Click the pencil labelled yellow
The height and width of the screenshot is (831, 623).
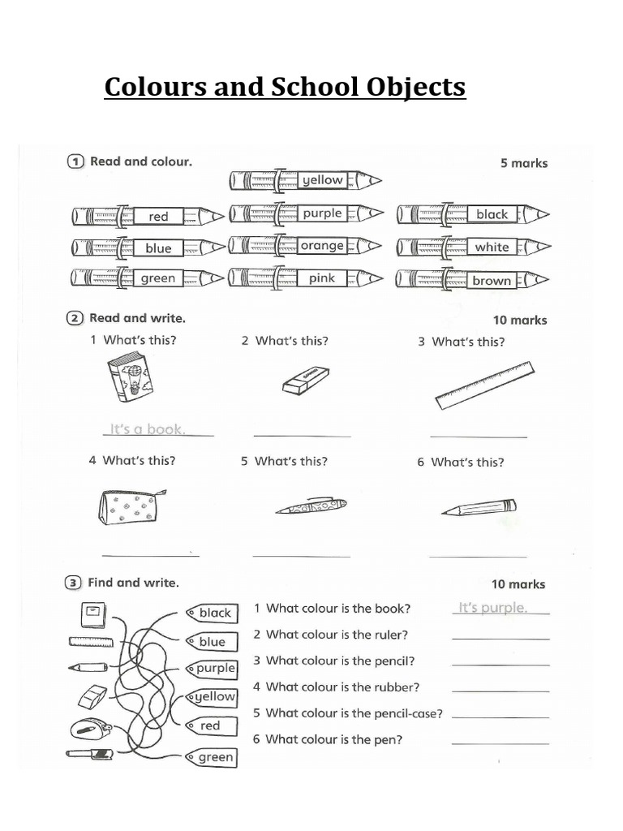[305, 180]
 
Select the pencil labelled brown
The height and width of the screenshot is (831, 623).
[472, 281]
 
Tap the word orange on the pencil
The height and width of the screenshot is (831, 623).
[322, 246]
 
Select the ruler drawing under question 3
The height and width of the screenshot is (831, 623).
[484, 385]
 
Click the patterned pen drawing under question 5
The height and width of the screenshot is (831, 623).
[311, 506]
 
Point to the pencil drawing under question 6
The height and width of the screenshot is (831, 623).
[479, 508]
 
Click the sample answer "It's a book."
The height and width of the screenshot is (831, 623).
[148, 429]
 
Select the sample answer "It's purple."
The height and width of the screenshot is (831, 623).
[493, 608]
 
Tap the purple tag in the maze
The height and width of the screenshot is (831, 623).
[213, 669]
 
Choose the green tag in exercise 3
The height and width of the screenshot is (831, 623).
[213, 757]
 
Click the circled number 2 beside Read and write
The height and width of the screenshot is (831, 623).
[75, 319]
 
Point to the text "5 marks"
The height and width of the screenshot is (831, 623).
[523, 163]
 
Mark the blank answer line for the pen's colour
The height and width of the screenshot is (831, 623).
[500, 743]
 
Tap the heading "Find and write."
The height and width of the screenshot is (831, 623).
[133, 583]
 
